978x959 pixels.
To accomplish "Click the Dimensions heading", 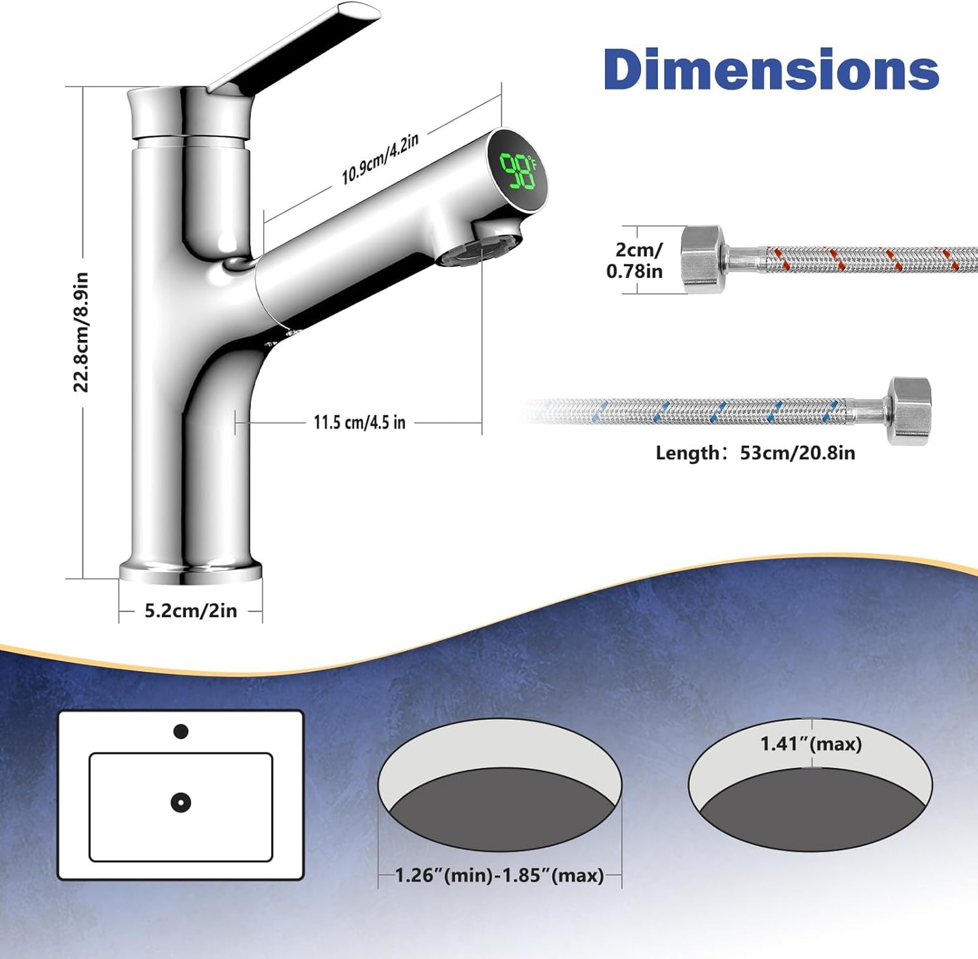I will click(x=771, y=69).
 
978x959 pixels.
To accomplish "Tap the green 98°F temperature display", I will click(x=518, y=171).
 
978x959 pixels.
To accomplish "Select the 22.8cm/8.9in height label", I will click(x=81, y=332).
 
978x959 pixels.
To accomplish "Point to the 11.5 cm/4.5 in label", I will click(x=359, y=423).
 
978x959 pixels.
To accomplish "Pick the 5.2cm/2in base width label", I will click(x=191, y=611).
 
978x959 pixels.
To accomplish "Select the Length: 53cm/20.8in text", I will click(x=755, y=452).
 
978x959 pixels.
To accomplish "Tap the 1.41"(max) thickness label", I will click(x=811, y=744).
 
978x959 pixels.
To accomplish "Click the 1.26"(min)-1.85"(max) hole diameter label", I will click(x=499, y=875).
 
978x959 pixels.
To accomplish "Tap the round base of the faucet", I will click(x=191, y=572).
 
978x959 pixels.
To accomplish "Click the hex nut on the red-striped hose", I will click(x=703, y=259).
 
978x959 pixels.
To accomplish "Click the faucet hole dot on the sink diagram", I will click(x=181, y=731).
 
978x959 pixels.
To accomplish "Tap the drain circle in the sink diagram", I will click(x=181, y=803).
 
